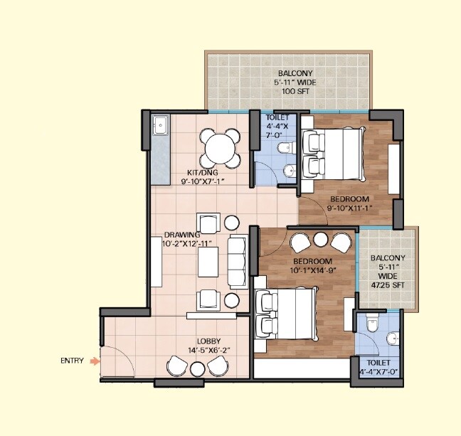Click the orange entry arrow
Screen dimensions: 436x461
click(95, 361)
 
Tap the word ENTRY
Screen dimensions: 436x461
click(72, 361)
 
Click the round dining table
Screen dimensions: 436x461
click(219, 149)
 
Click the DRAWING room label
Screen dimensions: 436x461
click(181, 239)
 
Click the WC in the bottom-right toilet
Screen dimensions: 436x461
click(369, 324)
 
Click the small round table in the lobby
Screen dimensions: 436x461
click(198, 368)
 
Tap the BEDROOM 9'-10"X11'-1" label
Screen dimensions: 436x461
click(349, 203)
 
